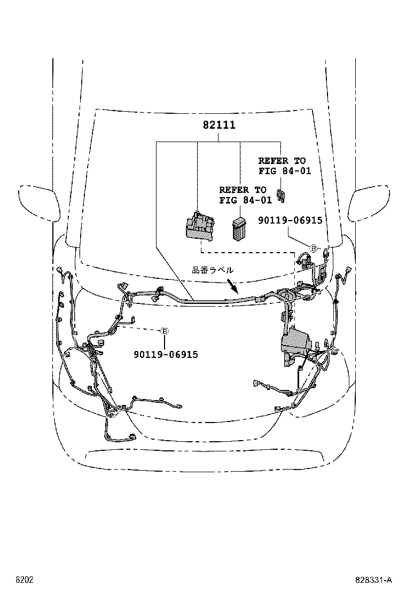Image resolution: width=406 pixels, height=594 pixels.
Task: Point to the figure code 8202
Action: (24, 580)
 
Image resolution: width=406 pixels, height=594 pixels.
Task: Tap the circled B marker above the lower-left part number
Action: (165, 332)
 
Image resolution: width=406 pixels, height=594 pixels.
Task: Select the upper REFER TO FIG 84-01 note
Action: (282, 166)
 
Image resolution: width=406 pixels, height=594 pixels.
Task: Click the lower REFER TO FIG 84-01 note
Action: (243, 195)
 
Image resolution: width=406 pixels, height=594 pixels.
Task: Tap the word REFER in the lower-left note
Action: (234, 190)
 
